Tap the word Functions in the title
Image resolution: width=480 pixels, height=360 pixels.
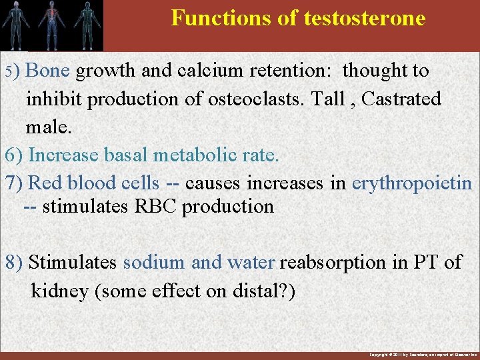click(216, 18)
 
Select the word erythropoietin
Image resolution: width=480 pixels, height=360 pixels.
click(411, 183)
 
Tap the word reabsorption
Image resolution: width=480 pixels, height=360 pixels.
click(333, 262)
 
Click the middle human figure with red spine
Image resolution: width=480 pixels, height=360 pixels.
click(51, 24)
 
